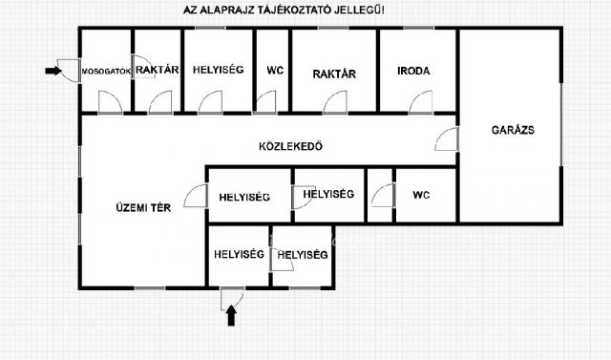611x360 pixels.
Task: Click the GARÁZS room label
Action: (513, 130)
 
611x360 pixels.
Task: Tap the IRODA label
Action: (413, 71)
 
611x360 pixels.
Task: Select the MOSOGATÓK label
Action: (106, 72)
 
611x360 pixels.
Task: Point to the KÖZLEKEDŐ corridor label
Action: (290, 146)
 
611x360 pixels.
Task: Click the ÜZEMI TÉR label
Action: (143, 207)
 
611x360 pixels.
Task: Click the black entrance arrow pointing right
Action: (53, 71)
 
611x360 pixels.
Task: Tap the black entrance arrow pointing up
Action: (231, 315)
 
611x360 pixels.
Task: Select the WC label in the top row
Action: (275, 71)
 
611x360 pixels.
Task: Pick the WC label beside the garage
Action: (421, 195)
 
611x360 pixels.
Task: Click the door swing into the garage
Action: (447, 139)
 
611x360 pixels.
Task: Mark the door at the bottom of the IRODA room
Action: (421, 102)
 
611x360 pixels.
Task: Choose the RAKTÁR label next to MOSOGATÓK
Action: (157, 70)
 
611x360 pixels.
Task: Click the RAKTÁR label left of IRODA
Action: (334, 74)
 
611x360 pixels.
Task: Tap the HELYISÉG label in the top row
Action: (219, 70)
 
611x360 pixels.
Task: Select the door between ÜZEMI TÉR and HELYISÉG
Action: (196, 196)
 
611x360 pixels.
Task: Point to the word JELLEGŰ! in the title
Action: (359, 11)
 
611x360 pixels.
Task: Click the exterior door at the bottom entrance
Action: (232, 299)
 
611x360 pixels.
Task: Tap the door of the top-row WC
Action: (266, 102)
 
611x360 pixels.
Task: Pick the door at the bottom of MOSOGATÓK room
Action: (111, 102)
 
